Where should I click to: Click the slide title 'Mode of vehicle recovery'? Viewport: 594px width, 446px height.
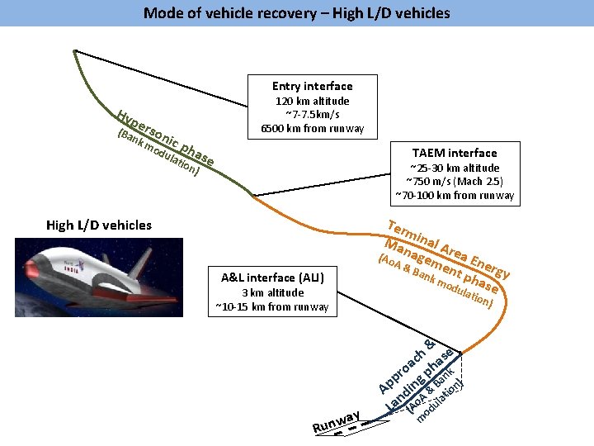coord(296,12)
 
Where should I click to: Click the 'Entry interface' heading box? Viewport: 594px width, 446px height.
coord(312,86)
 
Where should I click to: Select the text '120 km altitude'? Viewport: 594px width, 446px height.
coord(312,102)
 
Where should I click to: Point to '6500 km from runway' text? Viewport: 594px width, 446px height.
coord(312,128)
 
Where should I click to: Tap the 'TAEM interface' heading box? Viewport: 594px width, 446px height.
coord(454,153)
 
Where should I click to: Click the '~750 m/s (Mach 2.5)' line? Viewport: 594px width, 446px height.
coord(455,182)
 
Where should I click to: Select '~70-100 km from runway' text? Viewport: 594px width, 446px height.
coord(455,196)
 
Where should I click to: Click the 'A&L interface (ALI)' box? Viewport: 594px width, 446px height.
coord(271,278)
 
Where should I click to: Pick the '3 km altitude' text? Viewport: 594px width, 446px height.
coord(271,293)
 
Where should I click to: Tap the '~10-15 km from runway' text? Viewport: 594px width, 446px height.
coord(271,307)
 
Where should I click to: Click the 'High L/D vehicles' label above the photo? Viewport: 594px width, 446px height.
coord(99,225)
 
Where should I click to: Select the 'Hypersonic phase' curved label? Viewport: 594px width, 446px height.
coord(165,137)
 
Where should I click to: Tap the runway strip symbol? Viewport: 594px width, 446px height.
coord(355,427)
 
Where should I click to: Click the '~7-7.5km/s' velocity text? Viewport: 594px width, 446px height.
coord(312,115)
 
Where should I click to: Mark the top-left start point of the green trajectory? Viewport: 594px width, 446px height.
coord(75,50)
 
